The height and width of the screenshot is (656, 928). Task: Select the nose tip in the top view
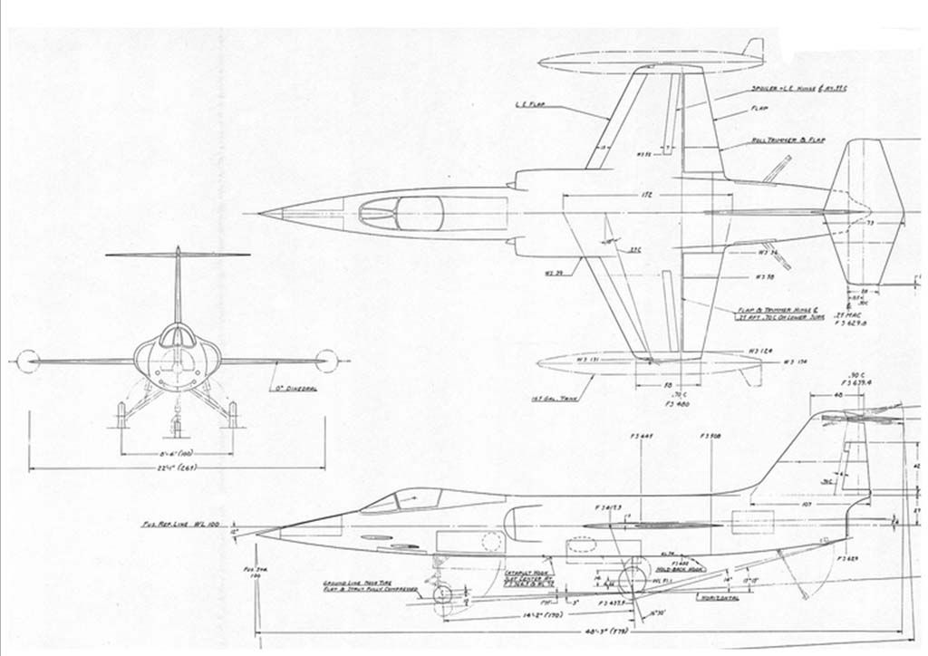261,214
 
